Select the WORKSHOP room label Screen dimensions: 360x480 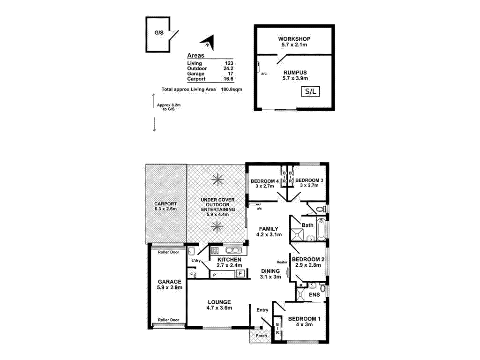click(x=294, y=38)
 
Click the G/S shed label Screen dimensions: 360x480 click(x=159, y=33)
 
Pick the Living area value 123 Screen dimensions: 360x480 click(x=229, y=63)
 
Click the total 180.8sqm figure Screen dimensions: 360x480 click(x=231, y=89)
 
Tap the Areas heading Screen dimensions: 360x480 click(x=195, y=55)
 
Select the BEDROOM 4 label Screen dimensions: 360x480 click(x=265, y=181)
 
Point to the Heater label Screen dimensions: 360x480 click(x=282, y=262)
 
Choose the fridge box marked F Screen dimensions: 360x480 click(x=240, y=274)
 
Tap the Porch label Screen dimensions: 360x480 click(x=262, y=336)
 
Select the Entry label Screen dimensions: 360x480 click(x=262, y=310)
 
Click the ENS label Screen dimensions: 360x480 click(x=314, y=295)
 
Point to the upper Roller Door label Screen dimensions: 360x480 click(x=168, y=252)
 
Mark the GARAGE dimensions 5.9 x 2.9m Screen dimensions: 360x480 click(x=170, y=288)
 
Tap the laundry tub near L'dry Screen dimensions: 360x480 click(x=192, y=251)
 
